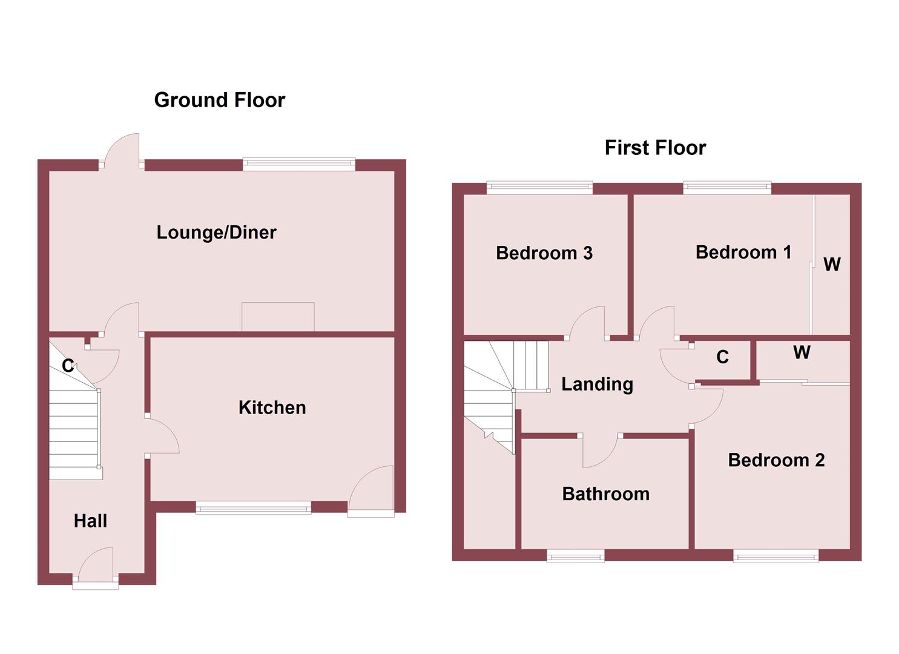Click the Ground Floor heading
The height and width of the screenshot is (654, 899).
219,100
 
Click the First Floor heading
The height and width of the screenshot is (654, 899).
655,148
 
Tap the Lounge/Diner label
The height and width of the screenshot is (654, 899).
216,233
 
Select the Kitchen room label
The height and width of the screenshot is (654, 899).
272,408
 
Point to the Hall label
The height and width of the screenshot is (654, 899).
90,521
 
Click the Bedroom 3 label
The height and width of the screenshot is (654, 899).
544,253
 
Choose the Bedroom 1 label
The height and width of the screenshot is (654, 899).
743,252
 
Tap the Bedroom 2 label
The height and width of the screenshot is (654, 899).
776,460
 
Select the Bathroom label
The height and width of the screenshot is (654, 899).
605,494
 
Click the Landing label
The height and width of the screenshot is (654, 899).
597,384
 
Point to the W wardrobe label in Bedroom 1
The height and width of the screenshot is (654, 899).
832,264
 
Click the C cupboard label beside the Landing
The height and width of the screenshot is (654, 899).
722,357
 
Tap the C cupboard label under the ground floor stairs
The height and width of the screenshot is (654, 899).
68,366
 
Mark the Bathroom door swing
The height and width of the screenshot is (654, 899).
599,451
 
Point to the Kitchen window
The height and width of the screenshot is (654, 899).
253,508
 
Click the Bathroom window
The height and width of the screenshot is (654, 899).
575,555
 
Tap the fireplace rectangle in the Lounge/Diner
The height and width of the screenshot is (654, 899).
278,317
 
